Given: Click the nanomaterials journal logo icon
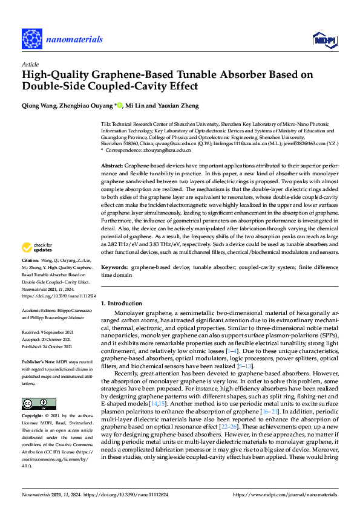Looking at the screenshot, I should pyautogui.click(x=31, y=38).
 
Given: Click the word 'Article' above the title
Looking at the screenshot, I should pyautogui.click(x=30, y=64).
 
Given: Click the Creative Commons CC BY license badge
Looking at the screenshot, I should pyautogui.click(x=34, y=386).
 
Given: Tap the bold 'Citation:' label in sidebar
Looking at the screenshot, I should pyautogui.click(x=31, y=276).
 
